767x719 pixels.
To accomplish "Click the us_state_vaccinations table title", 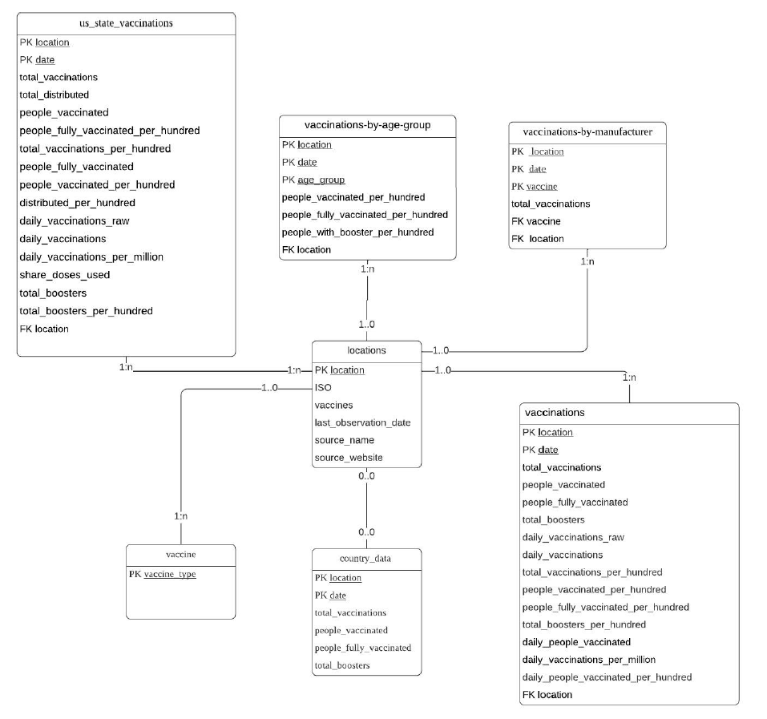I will coord(127,23).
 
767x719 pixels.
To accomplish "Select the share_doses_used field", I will coord(65,275).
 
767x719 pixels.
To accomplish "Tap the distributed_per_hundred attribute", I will coord(77,203).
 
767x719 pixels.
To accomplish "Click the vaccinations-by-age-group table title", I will coord(367,126).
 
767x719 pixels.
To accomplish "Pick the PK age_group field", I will coord(313,180).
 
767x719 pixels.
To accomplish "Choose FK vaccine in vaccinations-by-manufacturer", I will coord(536,221).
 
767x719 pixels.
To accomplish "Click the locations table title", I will coord(366,350).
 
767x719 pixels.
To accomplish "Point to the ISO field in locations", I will coord(323,387).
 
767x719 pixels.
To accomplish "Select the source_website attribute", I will coord(349,458).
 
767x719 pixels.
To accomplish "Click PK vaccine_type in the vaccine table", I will coord(162,575).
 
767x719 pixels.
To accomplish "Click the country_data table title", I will coord(365,559).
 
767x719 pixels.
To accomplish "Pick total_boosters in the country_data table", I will coord(342,665).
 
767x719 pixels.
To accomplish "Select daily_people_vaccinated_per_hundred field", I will coord(607,677).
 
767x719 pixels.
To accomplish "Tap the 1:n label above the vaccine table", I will coord(181,517).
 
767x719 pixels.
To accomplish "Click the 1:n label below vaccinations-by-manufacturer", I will coord(587,261).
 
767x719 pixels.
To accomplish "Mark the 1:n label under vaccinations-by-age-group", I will coord(367,269).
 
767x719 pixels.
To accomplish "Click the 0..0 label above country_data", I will coord(366,532).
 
